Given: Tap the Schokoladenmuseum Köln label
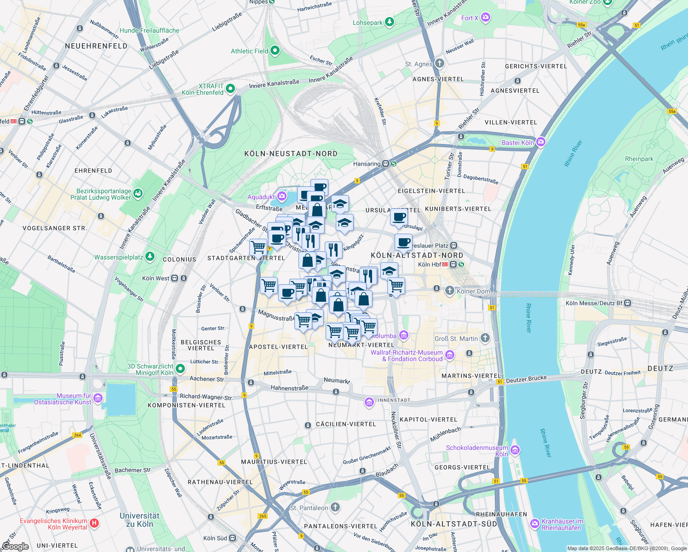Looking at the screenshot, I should click(477, 451).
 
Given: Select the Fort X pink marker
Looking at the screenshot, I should click(486, 18).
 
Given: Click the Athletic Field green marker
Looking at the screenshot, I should click(275, 51).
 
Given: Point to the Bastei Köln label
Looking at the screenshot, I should click(518, 143).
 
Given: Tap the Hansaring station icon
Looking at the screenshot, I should click(386, 164).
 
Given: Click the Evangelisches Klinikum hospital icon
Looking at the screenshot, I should click(94, 523).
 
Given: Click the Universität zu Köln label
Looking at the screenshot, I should click(139, 520).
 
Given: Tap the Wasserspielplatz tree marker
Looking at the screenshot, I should click(150, 257).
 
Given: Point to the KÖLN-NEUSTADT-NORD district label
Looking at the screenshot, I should click(291, 154).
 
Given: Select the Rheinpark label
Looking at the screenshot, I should click(639, 159).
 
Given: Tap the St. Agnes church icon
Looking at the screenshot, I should click(439, 63).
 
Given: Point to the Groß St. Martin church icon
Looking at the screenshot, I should click(485, 338).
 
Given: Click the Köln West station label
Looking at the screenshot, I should click(155, 278).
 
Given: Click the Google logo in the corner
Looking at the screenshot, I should click(15, 546).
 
